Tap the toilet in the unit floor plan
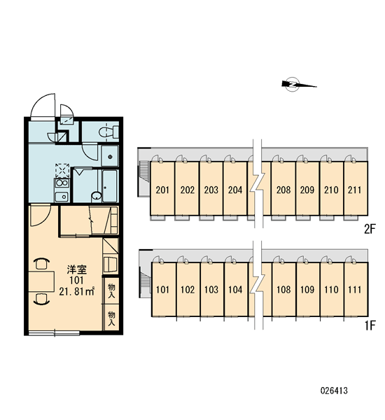[108, 132]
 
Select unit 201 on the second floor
[162, 190]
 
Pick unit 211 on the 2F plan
[355, 190]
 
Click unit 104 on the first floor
[235, 290]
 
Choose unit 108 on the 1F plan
[283, 290]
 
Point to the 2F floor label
[370, 229]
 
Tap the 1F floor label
[370, 325]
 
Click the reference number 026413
[334, 391]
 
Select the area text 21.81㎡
[76, 291]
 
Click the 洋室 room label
[77, 269]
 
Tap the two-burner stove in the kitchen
[62, 183]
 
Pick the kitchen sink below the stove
[62, 197]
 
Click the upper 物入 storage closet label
[111, 291]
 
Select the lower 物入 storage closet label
[111, 318]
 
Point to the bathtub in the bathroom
[110, 186]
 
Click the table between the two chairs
[41, 281]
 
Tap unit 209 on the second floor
[307, 190]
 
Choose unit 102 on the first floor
[188, 290]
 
